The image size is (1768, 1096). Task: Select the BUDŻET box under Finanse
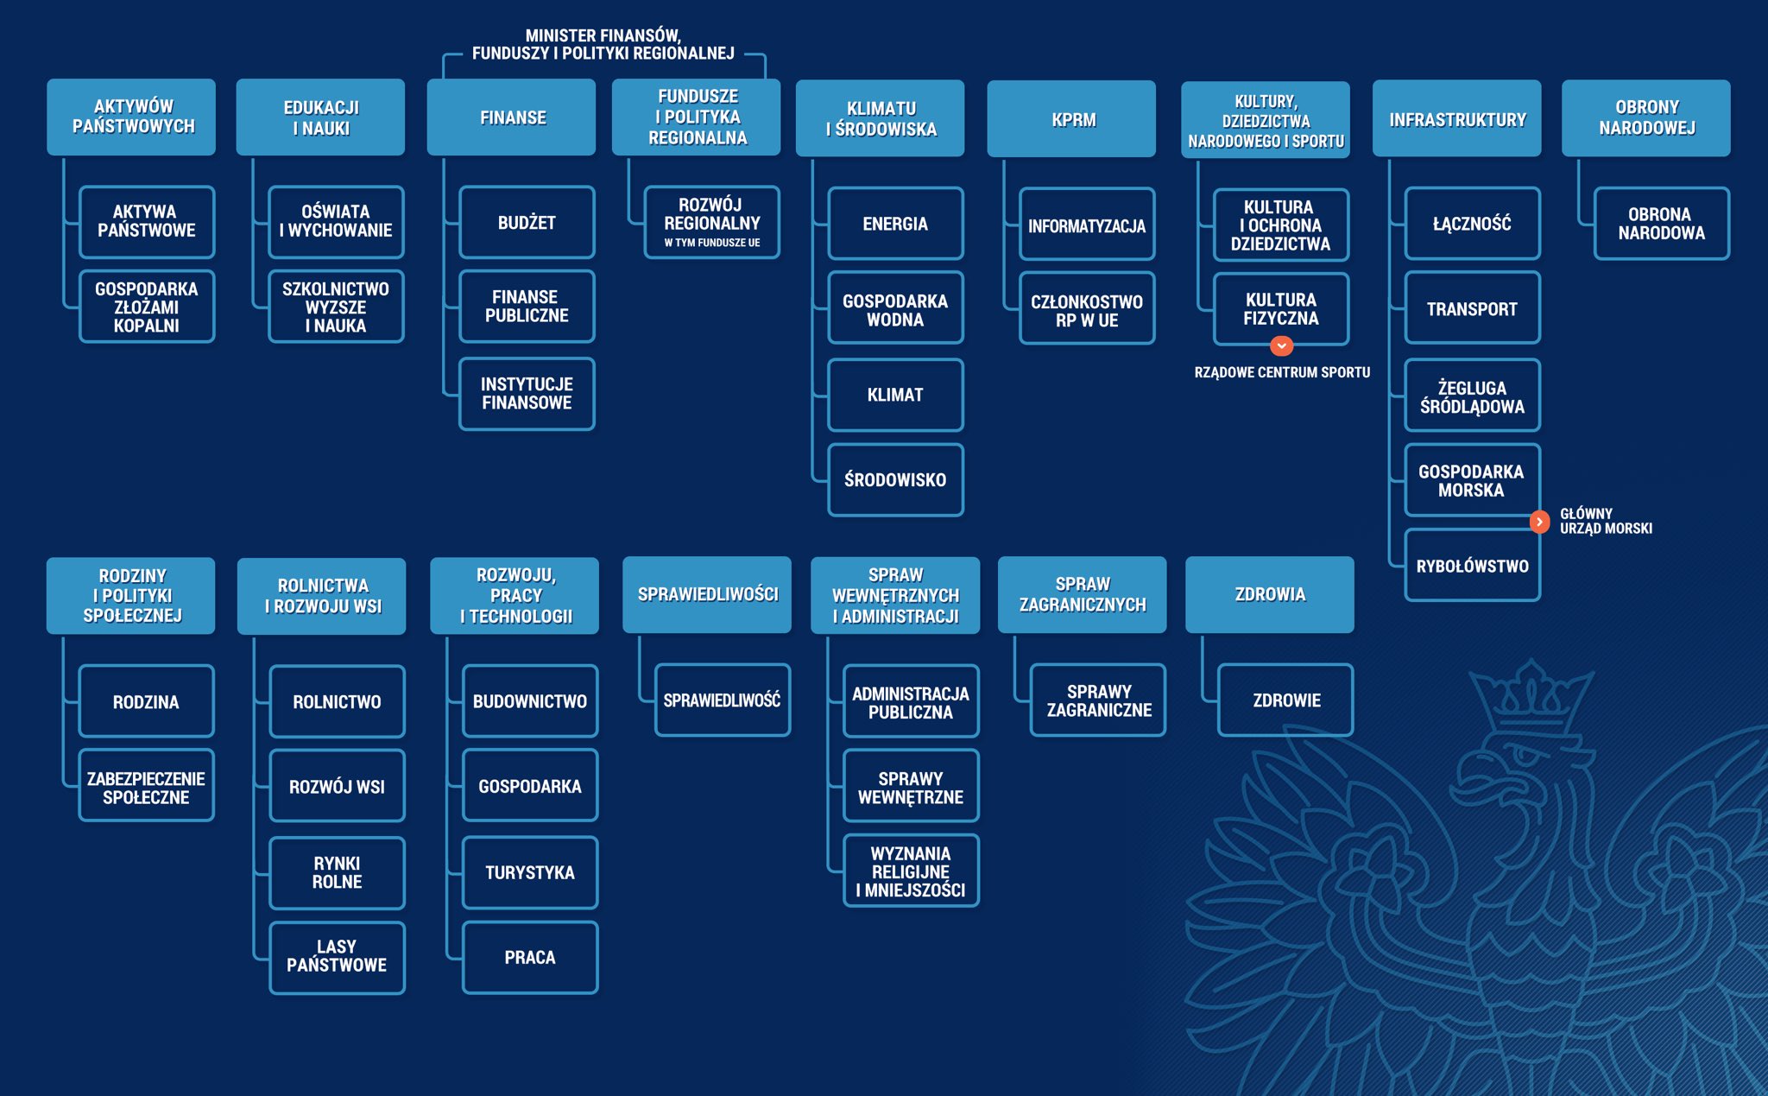click(527, 222)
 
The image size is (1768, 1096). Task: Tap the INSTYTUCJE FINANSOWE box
click(527, 394)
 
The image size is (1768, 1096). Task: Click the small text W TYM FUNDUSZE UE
click(712, 243)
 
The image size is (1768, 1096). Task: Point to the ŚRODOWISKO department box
click(895, 480)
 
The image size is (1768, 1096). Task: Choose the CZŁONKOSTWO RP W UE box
click(1087, 309)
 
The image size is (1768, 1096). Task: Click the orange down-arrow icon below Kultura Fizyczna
click(1282, 345)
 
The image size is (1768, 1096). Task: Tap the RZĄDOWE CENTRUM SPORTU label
click(1282, 372)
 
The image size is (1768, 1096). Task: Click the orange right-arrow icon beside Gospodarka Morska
click(1539, 522)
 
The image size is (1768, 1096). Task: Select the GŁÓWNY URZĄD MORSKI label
click(1606, 521)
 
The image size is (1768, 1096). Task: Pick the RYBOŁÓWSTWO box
click(1472, 566)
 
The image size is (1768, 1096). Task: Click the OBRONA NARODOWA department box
click(1661, 223)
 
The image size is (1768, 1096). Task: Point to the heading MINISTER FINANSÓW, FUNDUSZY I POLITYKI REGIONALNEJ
click(603, 44)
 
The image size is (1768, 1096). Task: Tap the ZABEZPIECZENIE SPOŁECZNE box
click(146, 787)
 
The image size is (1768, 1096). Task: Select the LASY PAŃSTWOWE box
click(337, 957)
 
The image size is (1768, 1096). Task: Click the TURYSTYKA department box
click(530, 872)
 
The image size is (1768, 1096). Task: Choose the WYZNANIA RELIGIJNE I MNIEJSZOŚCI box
click(911, 871)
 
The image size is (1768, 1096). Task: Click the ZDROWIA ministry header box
click(1270, 594)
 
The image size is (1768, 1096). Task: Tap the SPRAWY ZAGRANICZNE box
click(1098, 700)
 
